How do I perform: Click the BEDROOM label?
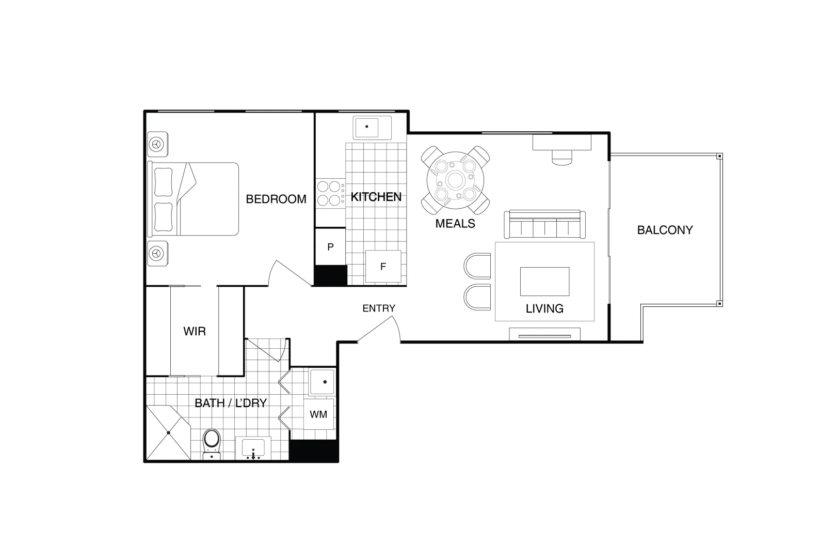click(276, 199)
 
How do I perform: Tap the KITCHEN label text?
click(376, 197)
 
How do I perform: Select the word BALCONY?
click(665, 230)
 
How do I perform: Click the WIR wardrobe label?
click(195, 331)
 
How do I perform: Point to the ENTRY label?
click(378, 308)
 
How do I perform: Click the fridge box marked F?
click(383, 267)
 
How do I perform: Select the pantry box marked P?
click(330, 247)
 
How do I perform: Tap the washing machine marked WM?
click(318, 414)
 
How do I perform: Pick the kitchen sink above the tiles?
click(372, 127)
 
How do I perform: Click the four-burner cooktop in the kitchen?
click(330, 193)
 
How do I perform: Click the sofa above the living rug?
click(544, 224)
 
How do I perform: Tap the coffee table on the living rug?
click(544, 281)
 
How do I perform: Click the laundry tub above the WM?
click(321, 383)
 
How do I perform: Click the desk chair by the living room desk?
click(562, 157)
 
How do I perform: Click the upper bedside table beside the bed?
click(157, 145)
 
